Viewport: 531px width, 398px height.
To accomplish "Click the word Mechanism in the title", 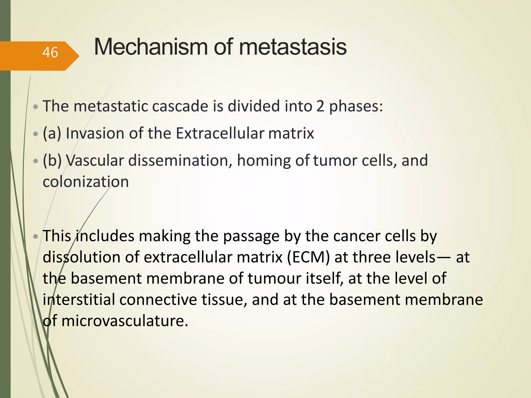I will coord(151,47).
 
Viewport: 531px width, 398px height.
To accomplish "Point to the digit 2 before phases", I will coord(320,106).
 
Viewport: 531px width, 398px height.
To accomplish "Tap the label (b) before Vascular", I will coord(52,160).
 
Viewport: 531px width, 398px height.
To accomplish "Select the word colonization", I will coord(86,182).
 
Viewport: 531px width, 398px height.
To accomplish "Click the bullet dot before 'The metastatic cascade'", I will coord(36,106).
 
